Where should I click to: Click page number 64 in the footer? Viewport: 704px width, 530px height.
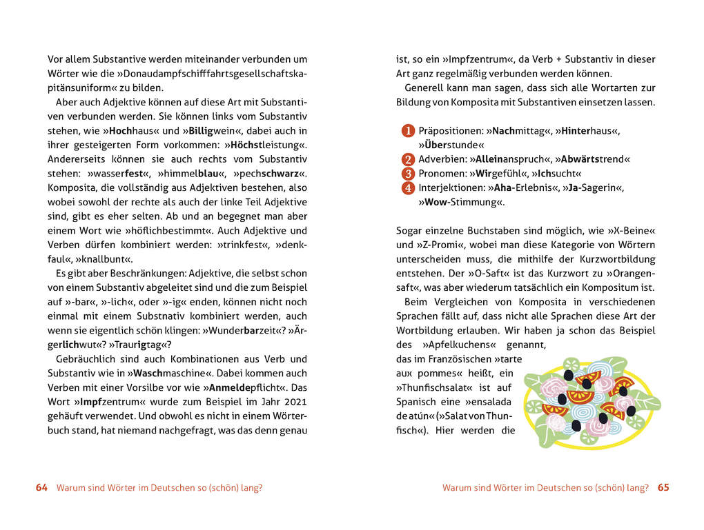click(41, 487)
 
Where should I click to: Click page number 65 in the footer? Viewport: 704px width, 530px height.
click(663, 487)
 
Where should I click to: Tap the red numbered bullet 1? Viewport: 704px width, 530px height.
click(407, 131)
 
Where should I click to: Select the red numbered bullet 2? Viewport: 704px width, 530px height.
click(407, 159)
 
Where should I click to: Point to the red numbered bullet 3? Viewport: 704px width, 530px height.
click(407, 174)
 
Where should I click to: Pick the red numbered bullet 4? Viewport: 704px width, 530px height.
click(407, 188)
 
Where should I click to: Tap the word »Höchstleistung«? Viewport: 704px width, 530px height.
click(266, 145)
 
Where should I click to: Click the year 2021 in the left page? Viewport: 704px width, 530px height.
click(294, 402)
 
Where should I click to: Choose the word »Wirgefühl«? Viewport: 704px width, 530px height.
click(499, 174)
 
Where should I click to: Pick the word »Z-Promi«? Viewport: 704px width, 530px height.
click(420, 245)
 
